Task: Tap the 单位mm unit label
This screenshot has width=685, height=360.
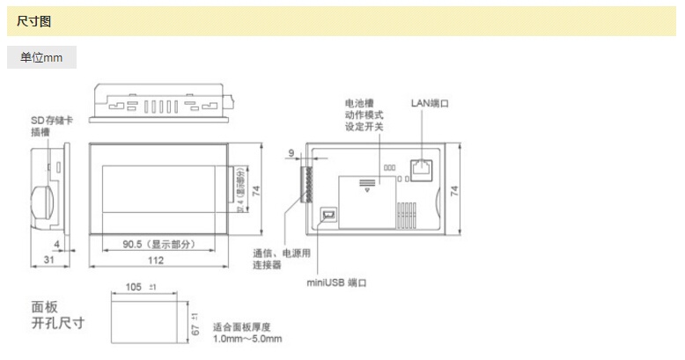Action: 41,58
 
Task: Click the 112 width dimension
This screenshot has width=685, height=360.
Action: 156,261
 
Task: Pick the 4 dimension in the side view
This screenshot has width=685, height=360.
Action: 56,245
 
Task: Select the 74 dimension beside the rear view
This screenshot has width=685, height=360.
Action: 455,191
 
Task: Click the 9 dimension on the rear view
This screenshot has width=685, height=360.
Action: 291,153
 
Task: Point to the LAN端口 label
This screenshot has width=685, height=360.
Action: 430,103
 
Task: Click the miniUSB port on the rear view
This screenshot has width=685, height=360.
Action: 328,215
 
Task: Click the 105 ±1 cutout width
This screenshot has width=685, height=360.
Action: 137,287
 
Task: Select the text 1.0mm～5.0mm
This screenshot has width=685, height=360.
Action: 247,339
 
